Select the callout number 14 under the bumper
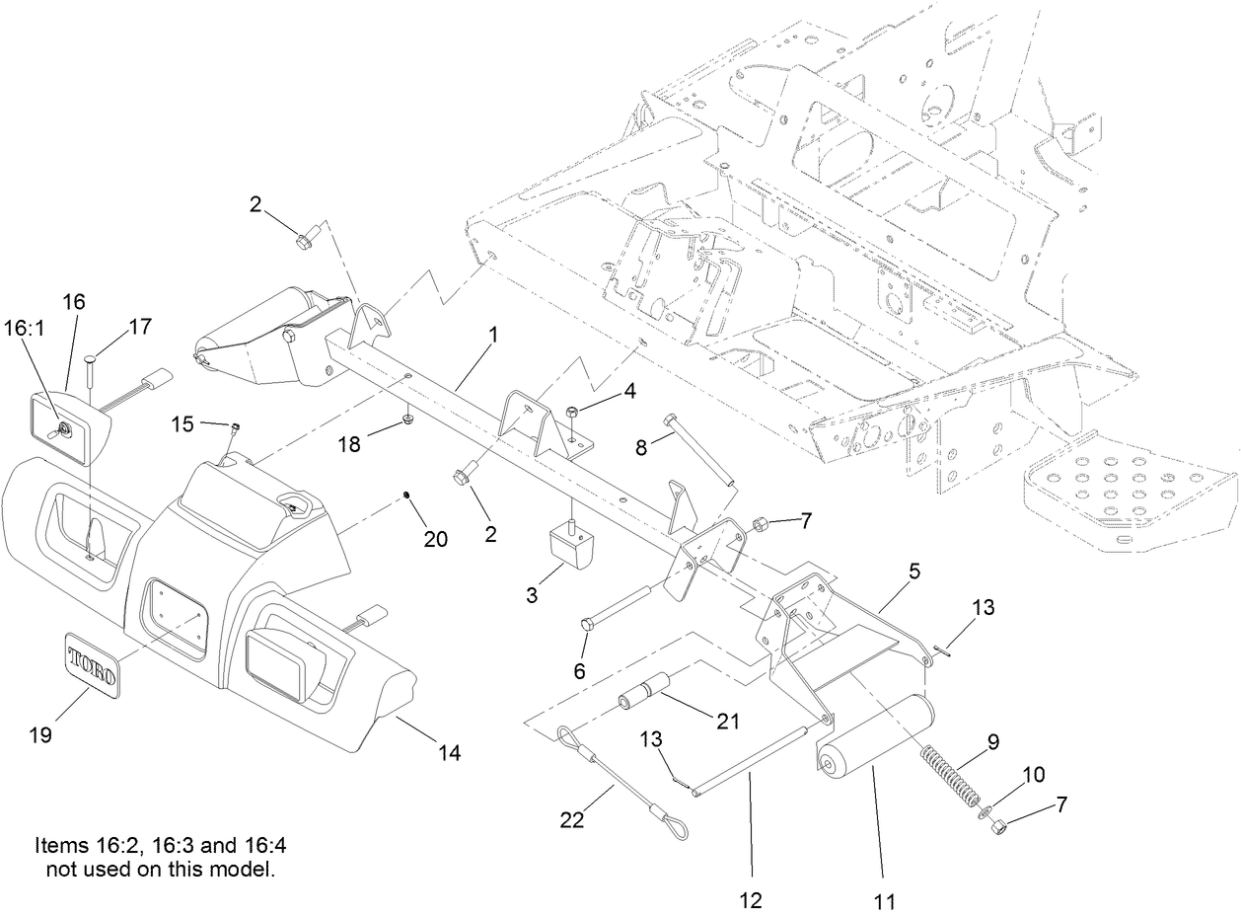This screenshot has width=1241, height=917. coord(449,752)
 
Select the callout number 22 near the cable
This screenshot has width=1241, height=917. coord(573,818)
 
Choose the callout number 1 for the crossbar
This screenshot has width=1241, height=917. coord(492,335)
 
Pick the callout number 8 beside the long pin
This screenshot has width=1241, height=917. coord(642,446)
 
